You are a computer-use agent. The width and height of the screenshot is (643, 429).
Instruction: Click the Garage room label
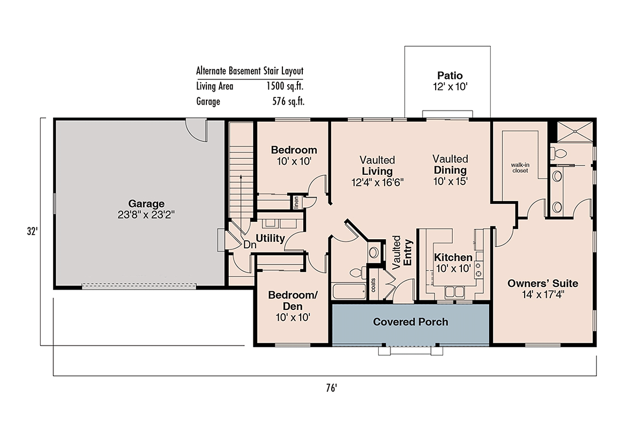pos(146,203)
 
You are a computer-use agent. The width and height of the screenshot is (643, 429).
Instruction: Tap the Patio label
pos(450,76)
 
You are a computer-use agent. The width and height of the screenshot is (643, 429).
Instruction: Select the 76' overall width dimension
pos(331,388)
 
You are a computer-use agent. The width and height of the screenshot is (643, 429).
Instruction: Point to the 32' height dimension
pos(33,231)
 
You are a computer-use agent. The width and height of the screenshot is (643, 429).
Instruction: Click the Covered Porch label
pos(410,322)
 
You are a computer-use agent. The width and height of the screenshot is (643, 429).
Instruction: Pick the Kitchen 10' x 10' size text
pos(453,268)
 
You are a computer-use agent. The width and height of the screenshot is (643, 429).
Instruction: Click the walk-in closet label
pos(520,168)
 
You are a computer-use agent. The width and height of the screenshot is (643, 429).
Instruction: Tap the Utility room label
pos(270,238)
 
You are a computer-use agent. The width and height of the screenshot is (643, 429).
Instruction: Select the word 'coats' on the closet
pos(373,285)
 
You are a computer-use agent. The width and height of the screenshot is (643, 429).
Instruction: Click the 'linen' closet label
pos(296,202)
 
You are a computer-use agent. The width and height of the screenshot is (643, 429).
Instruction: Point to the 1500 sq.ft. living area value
pos(285,86)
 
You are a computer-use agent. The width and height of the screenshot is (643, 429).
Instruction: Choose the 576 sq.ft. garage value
pos(288,101)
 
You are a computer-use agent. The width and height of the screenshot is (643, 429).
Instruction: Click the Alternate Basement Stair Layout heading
pos(250,71)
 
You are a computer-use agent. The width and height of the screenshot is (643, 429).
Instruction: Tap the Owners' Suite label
pos(543,283)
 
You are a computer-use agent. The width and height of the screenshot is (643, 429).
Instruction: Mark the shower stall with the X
pos(574,131)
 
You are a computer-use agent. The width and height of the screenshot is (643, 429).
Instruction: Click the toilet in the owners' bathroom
pos(558,153)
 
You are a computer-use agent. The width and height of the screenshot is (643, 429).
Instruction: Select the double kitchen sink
pos(455,292)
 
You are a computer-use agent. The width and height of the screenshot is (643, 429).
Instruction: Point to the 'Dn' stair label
pos(250,245)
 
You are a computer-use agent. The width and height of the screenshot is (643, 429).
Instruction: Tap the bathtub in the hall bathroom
pos(349,291)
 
